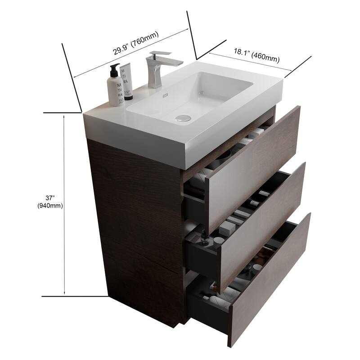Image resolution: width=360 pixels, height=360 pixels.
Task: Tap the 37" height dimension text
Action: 50,197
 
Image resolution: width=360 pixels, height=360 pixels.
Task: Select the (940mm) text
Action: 50,206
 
